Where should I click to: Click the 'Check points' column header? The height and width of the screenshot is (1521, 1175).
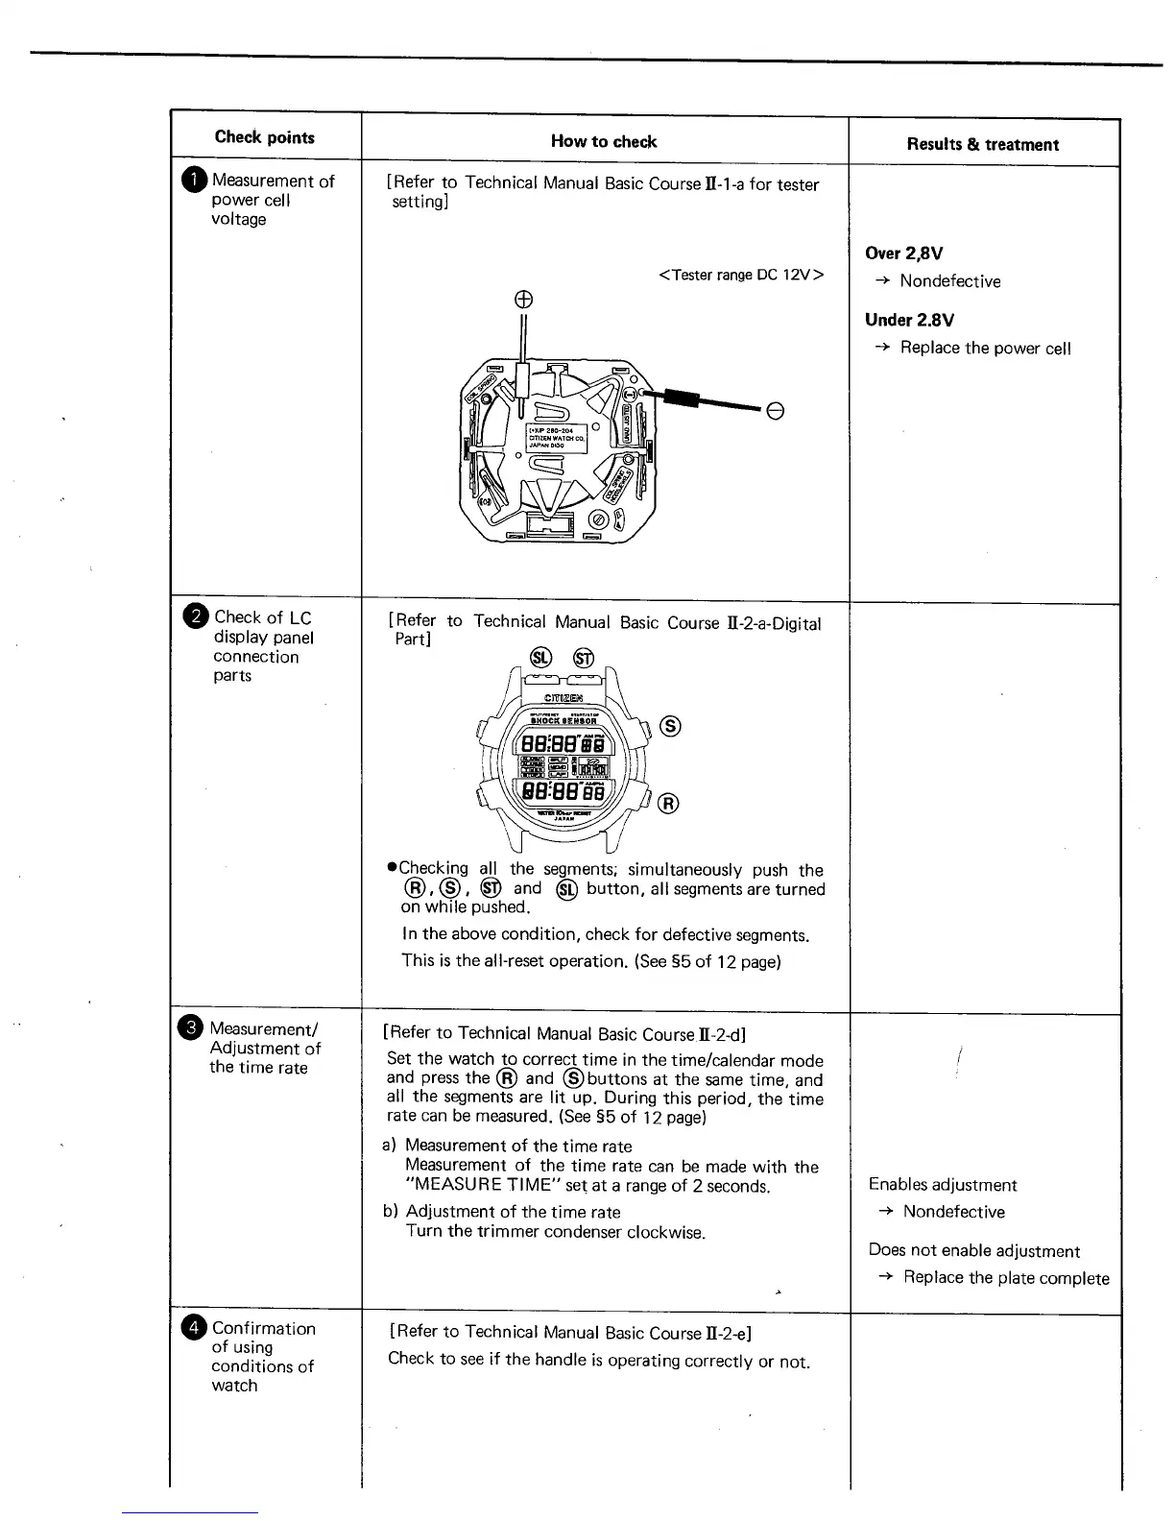coord(265,137)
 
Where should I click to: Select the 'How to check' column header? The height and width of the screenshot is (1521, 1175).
coord(604,142)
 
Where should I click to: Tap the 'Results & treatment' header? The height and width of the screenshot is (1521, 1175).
coord(982,145)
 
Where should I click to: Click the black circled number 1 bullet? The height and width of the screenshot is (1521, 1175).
coord(195,181)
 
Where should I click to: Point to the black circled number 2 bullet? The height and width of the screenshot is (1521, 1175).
coord(196,617)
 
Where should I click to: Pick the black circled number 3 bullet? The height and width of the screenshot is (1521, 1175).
coord(193,1028)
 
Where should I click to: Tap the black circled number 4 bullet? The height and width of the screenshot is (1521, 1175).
coord(195,1328)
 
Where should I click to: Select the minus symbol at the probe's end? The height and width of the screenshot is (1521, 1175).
coord(776,411)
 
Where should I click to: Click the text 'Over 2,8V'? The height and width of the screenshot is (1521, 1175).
coord(903,253)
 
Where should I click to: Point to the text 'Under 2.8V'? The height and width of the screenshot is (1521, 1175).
coord(909,321)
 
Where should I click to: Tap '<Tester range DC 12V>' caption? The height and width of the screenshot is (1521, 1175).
coord(741,276)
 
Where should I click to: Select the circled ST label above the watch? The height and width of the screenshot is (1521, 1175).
coord(584,658)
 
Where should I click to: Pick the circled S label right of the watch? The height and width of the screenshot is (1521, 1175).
coord(672,727)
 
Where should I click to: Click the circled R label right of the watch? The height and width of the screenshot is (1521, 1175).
coord(669,803)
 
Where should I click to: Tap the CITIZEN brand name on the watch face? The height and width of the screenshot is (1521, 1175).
coord(564,698)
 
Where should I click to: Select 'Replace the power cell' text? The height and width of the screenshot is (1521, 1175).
coord(985,349)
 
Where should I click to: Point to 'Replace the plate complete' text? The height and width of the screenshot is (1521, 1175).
coord(1006,1278)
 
